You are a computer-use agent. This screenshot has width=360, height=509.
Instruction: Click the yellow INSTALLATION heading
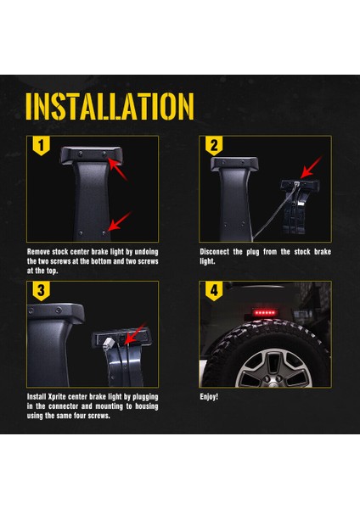[110, 105]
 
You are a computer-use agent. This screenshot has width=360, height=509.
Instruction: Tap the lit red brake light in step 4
[265, 313]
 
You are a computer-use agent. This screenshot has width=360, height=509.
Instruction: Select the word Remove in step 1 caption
[40, 252]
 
